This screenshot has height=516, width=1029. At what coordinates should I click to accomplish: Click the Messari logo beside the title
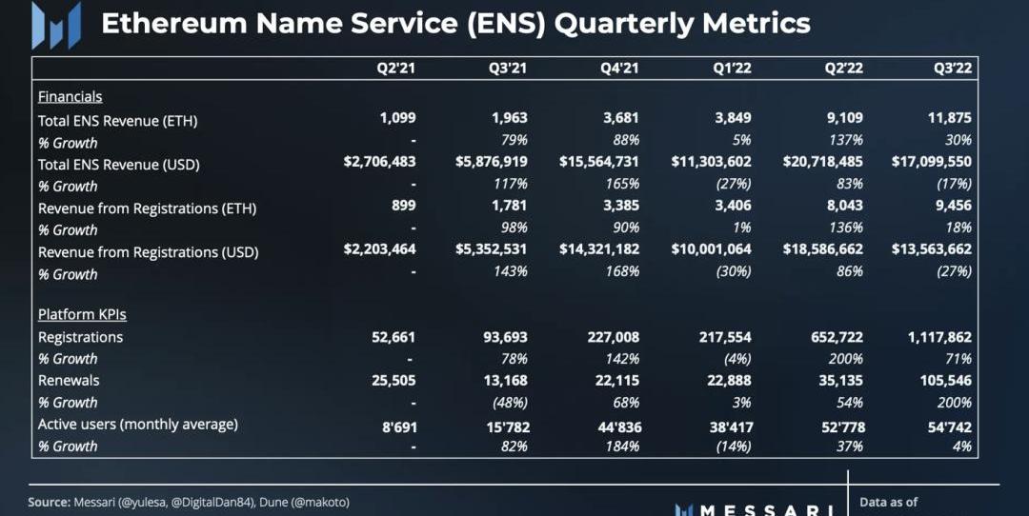tap(56, 24)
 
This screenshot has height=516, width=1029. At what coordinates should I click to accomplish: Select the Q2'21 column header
tap(396, 69)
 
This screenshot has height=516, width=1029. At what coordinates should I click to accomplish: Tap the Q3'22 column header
tap(953, 69)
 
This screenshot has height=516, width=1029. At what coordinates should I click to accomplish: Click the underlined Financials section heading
tap(70, 96)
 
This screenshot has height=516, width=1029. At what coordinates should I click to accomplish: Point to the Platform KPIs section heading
tap(82, 314)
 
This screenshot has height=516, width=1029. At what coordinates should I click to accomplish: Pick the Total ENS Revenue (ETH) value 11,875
tap(949, 119)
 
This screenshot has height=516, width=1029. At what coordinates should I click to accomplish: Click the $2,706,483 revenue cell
tap(380, 162)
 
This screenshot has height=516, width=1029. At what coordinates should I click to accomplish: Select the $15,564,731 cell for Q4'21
tap(598, 162)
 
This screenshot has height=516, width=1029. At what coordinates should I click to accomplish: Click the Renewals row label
tap(69, 381)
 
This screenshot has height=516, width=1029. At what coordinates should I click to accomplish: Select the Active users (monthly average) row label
tap(137, 425)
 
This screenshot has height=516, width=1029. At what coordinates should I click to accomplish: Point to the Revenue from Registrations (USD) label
tap(148, 252)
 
